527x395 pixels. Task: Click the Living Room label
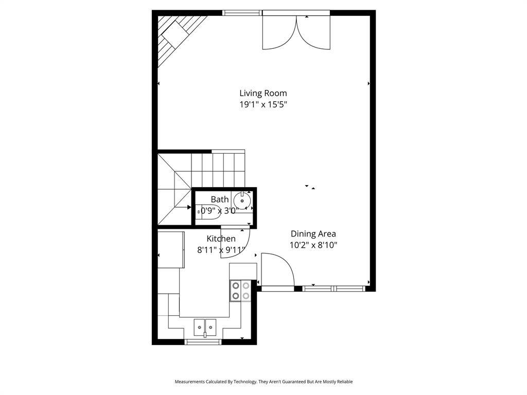click(263, 93)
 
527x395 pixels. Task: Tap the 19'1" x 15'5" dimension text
click(263, 104)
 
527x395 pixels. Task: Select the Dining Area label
click(313, 234)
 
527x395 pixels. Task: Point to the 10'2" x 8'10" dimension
click(313, 245)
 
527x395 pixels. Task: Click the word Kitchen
click(221, 239)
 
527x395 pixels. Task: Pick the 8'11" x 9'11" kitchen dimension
click(221, 250)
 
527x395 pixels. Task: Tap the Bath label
click(219, 200)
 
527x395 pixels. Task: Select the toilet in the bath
click(208, 211)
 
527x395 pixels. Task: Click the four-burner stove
click(240, 291)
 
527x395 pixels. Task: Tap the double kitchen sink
click(205, 326)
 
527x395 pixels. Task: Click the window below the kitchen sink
click(203, 342)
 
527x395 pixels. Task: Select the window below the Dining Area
click(334, 289)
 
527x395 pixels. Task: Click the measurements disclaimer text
click(263, 382)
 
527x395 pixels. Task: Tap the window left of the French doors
click(242, 13)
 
